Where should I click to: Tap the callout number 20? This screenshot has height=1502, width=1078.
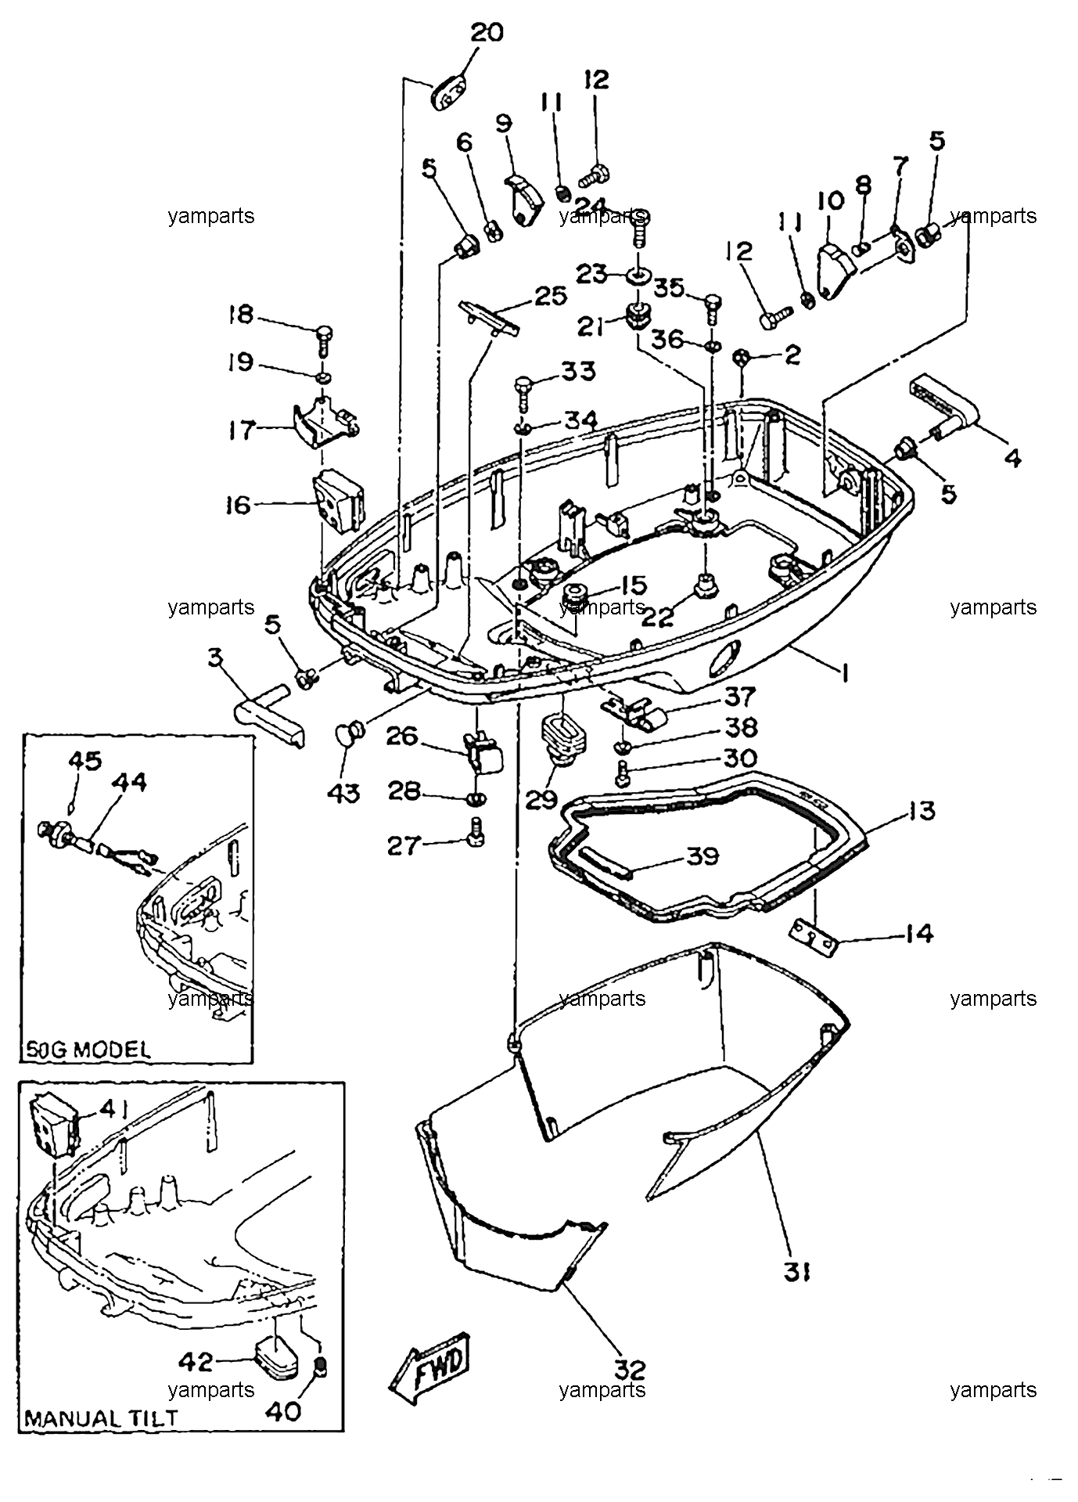[487, 33]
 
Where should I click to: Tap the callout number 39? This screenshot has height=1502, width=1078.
[702, 856]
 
